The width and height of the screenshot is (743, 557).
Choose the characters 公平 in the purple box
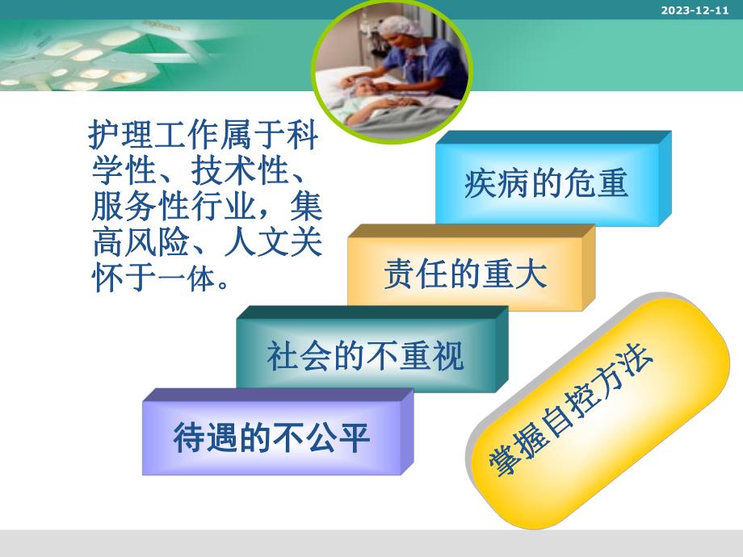click(340, 438)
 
